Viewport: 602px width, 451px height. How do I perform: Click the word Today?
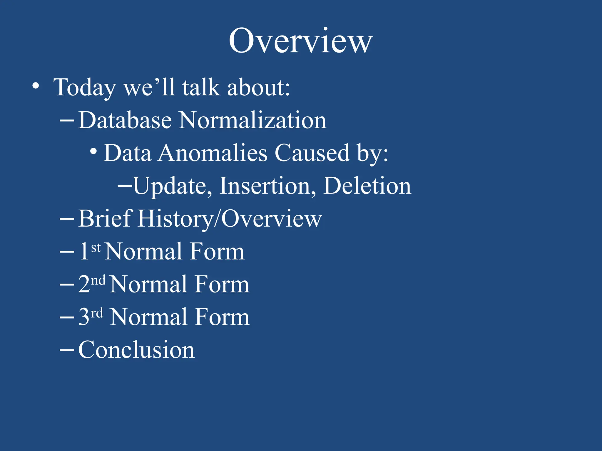point(85,87)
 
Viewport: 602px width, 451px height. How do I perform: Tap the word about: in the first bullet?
point(259,87)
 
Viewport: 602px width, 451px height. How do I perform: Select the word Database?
point(125,120)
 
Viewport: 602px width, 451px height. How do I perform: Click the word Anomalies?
point(213,153)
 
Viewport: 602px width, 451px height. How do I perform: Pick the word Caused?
point(312,153)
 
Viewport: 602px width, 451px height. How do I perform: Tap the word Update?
point(173,186)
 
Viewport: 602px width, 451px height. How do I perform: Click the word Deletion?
point(367,186)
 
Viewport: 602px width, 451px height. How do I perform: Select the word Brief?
point(105,219)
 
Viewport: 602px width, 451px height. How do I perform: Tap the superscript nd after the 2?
point(98,281)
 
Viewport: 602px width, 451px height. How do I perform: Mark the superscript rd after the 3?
point(97,314)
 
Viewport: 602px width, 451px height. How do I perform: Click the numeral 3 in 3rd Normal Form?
point(84,317)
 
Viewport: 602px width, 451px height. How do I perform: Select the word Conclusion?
point(136,350)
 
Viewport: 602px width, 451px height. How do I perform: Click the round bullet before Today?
point(36,86)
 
